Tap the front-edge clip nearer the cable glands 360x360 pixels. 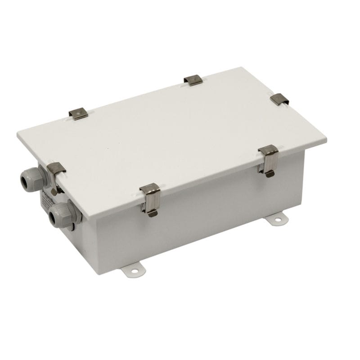point(150,198)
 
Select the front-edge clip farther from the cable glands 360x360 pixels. point(268,160)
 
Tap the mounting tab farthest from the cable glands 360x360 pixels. point(277,219)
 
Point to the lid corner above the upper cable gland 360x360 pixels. point(18,134)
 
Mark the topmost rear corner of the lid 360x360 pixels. point(243,67)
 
